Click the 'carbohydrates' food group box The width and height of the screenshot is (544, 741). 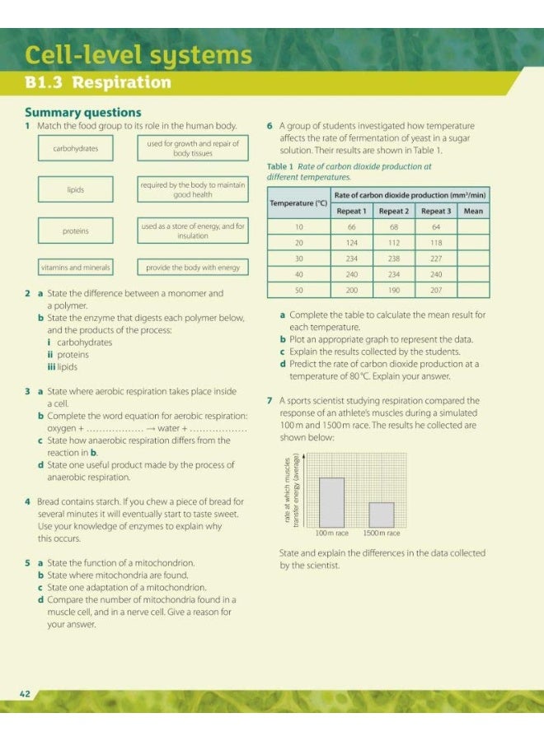(x=75, y=148)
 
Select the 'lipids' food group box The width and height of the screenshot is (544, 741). (x=75, y=189)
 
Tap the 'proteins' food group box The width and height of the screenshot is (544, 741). (x=75, y=231)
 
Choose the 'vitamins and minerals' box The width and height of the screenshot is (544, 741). (x=75, y=268)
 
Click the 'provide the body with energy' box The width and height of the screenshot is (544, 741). (x=193, y=268)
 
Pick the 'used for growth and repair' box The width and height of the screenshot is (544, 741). (x=193, y=148)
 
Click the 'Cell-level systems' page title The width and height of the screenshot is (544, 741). (x=138, y=54)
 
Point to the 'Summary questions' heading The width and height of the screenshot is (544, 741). (x=82, y=113)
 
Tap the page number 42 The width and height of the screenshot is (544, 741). (x=25, y=694)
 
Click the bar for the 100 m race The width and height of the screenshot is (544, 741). (x=331, y=502)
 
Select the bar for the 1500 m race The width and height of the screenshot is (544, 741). (x=381, y=515)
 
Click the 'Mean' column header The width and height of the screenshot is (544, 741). (x=473, y=211)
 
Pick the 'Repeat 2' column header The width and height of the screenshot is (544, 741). (x=394, y=211)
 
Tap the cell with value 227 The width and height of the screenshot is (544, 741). (x=436, y=259)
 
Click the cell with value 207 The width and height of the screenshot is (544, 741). (x=436, y=291)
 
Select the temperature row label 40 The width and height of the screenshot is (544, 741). (x=299, y=275)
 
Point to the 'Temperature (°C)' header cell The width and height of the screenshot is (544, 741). (x=298, y=203)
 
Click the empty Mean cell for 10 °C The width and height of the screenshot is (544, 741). (x=473, y=226)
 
